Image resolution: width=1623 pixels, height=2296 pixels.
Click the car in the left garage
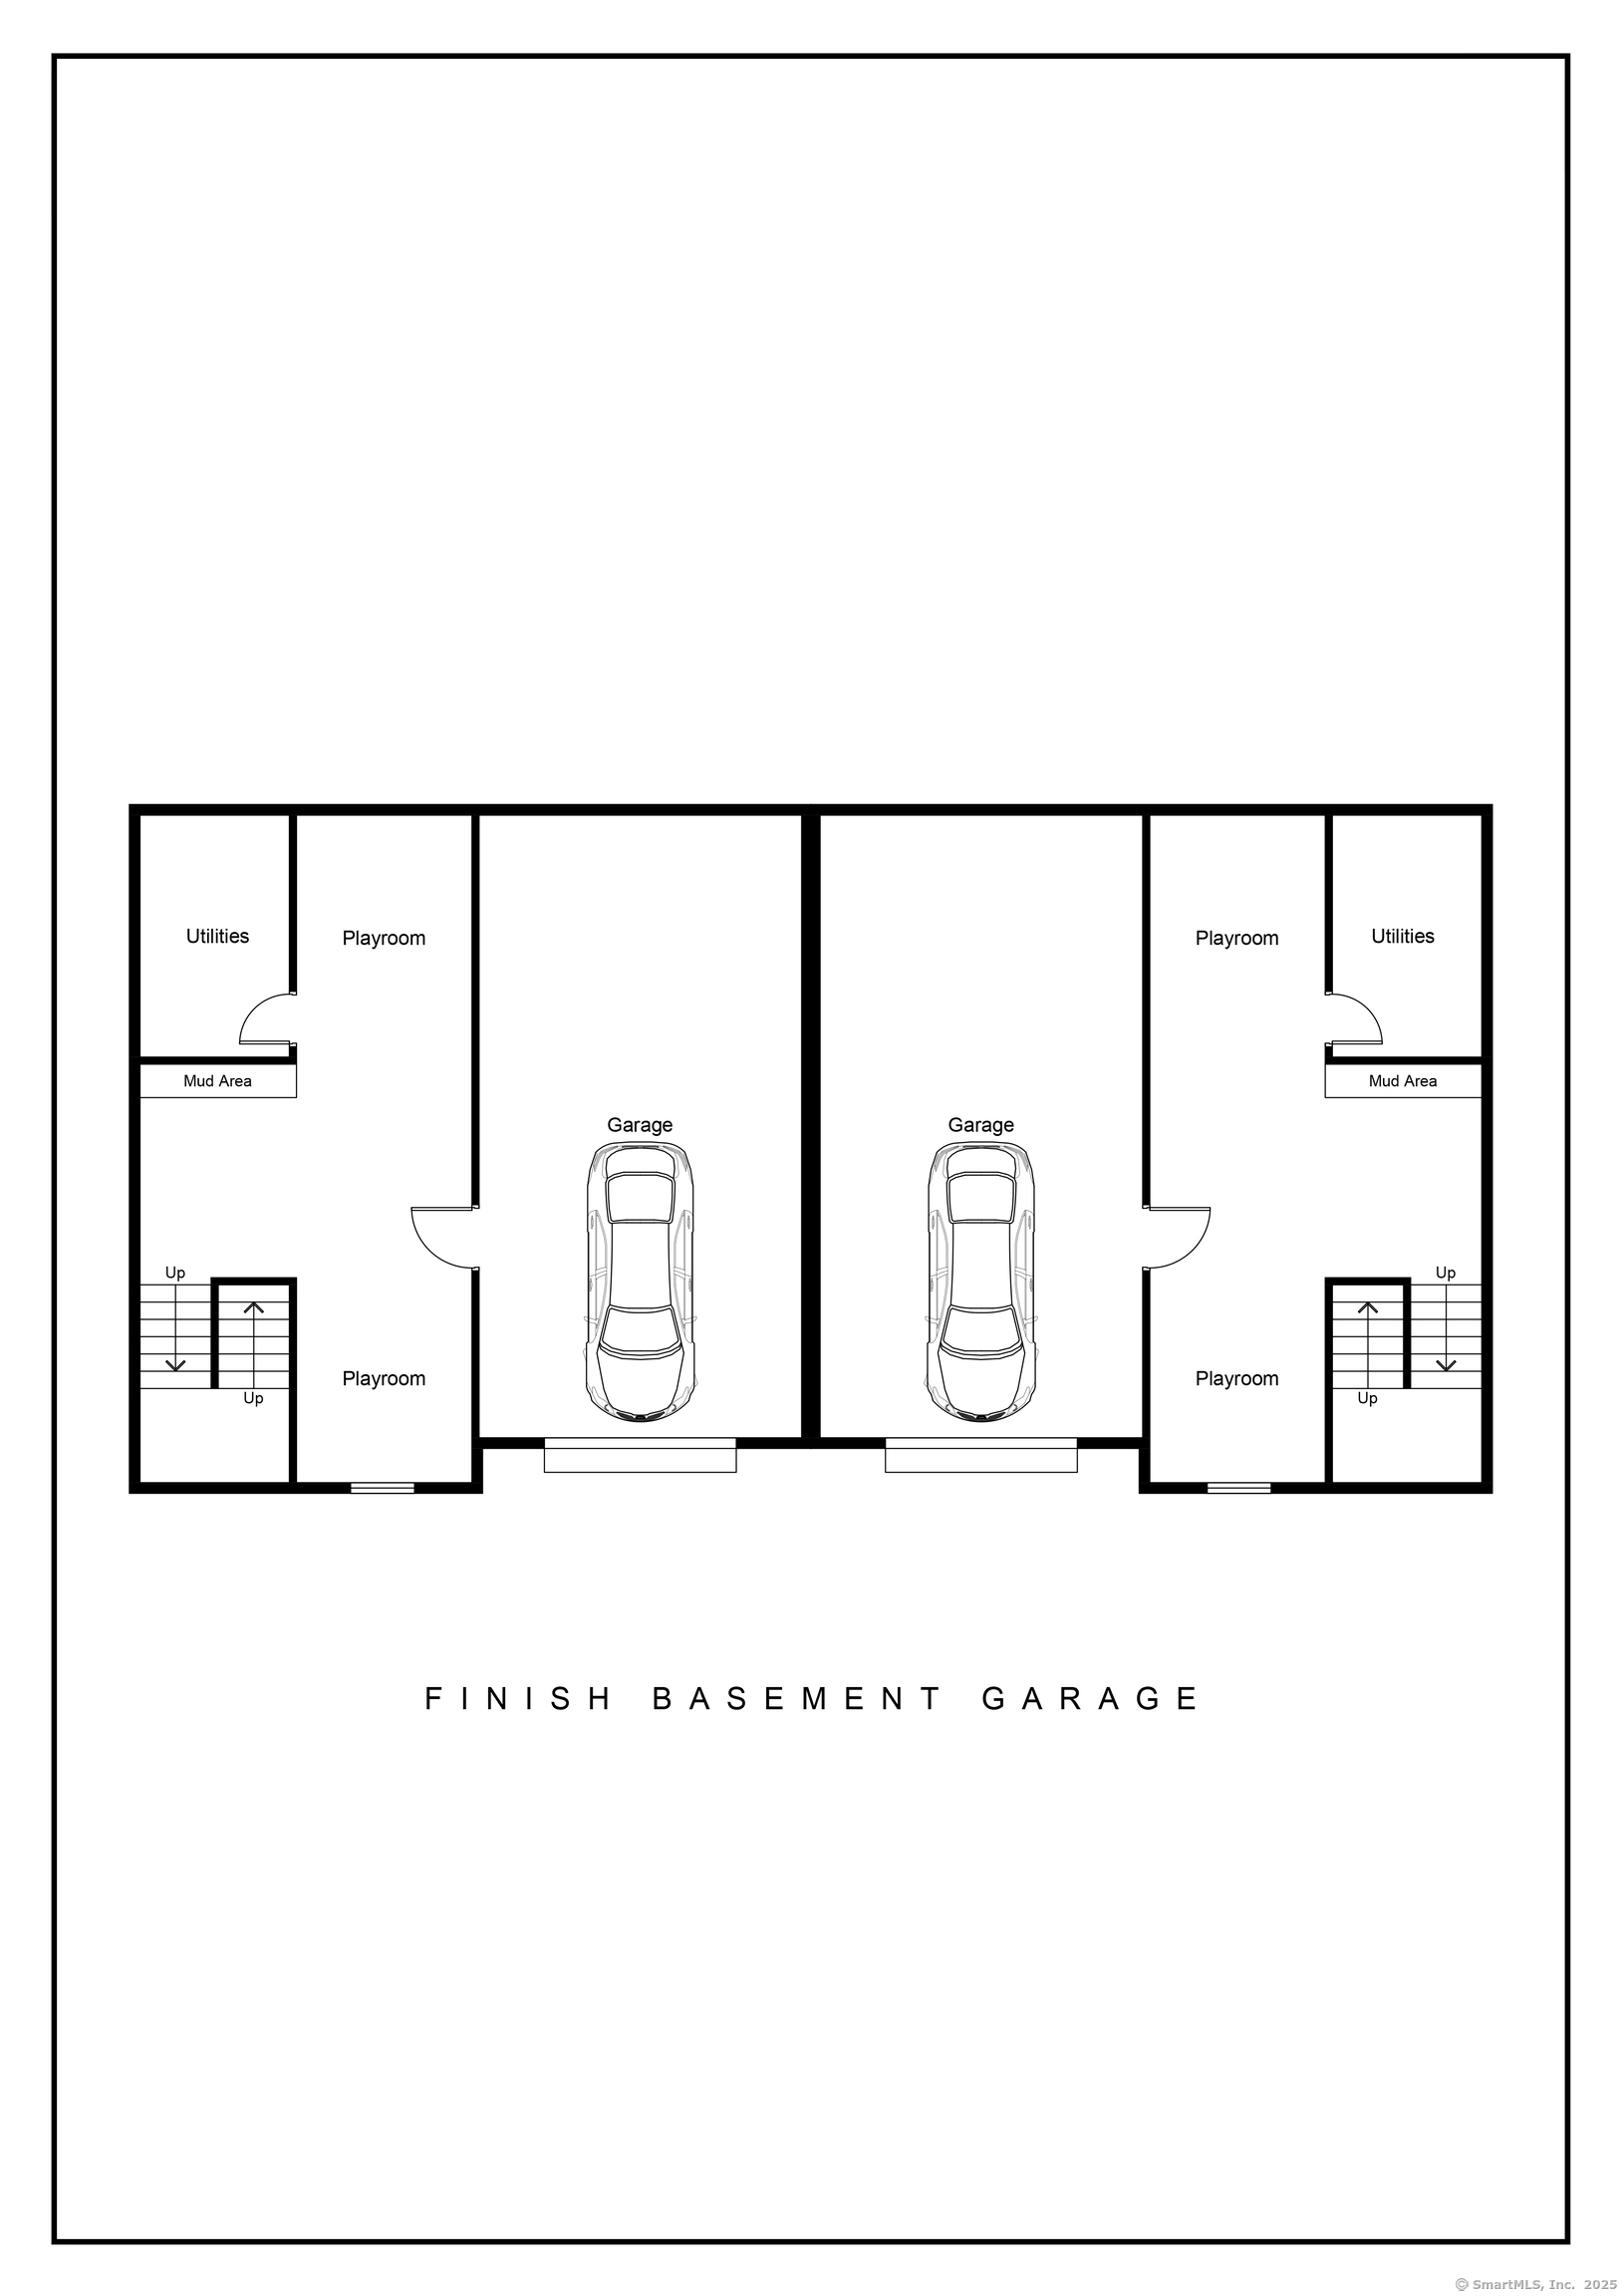pos(640,1282)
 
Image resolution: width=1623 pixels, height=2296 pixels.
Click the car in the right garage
pos(981,1282)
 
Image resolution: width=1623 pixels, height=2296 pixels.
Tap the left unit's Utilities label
pos(217,936)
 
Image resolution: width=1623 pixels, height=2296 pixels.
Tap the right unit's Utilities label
pos(1402,936)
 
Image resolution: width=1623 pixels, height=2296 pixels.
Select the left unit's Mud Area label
pos(217,1081)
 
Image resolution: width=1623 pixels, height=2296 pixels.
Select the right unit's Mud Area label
pos(1402,1081)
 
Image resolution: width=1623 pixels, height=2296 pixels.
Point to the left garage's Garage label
pos(640,1125)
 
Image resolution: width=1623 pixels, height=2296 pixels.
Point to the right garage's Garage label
pos(981,1125)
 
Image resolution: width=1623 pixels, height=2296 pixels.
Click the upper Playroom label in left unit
pos(384,939)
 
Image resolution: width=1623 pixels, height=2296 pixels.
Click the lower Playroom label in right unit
pos(1237,1379)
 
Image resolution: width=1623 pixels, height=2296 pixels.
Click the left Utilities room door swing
pos(249,1008)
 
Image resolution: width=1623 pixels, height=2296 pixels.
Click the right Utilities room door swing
pos(1372,1008)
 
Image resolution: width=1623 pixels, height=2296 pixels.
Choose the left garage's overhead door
pos(640,1455)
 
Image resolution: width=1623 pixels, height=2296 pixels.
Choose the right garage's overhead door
pos(981,1455)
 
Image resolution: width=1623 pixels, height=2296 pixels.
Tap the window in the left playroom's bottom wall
pos(382,1488)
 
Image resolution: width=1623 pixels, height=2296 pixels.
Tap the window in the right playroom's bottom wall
pos(1239,1488)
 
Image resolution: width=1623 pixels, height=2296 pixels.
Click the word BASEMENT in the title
pos(796,1699)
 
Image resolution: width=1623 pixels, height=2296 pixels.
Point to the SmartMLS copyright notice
pos(1537,2283)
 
